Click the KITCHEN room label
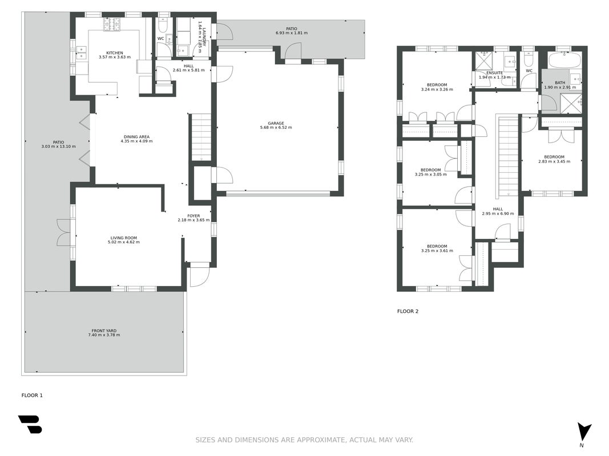click(x=115, y=53)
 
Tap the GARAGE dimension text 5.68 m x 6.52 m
click(x=276, y=128)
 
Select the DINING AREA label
click(x=137, y=136)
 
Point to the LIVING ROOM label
click(x=123, y=238)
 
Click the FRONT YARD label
click(x=104, y=331)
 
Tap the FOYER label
click(x=193, y=216)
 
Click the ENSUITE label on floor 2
click(x=494, y=73)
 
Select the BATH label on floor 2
click(x=560, y=83)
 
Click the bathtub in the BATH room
click(x=564, y=60)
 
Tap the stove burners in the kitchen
click(x=112, y=25)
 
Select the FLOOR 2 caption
click(x=408, y=311)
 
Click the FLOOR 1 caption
click(x=32, y=395)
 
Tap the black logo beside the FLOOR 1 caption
click(x=30, y=424)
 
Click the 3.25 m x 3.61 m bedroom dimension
click(x=437, y=250)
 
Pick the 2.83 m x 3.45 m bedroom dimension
click(x=554, y=161)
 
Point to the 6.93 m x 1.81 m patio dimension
click(x=292, y=33)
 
